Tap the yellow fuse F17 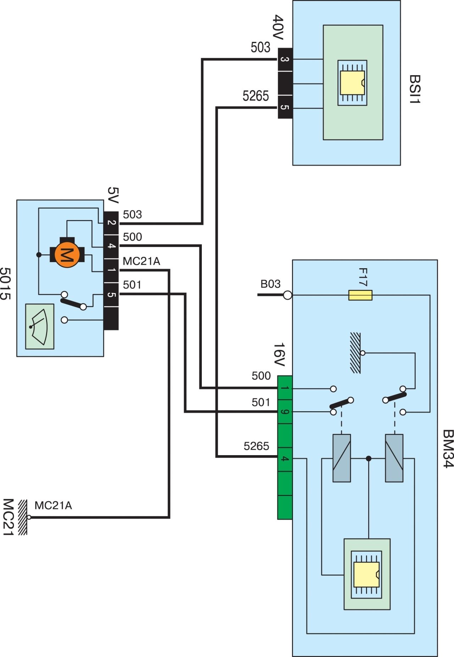[360, 295]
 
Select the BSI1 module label [415, 89]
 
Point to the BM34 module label [448, 449]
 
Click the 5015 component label [5, 283]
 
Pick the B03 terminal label [270, 284]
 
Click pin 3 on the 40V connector [285, 59]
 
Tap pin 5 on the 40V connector [285, 107]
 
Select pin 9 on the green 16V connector [285, 412]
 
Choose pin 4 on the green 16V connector [285, 459]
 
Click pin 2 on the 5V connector [111, 223]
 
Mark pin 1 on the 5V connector [111, 270]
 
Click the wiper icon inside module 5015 [40, 326]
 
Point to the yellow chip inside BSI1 [352, 83]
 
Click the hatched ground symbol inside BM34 [355, 353]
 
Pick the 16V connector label [279, 354]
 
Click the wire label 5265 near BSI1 [256, 96]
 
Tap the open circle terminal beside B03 [288, 295]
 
